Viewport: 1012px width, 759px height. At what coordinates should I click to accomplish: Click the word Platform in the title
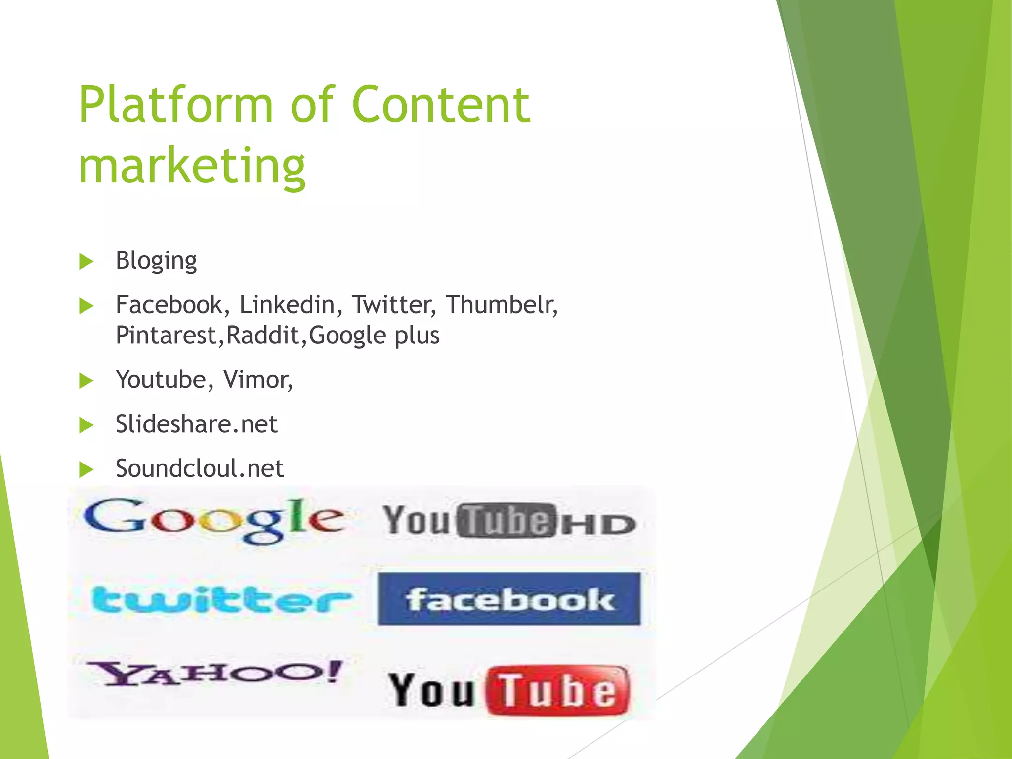pyautogui.click(x=175, y=105)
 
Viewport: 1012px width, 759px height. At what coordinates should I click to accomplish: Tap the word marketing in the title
pyautogui.click(x=192, y=166)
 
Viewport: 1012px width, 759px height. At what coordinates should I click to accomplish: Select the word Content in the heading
pyautogui.click(x=441, y=105)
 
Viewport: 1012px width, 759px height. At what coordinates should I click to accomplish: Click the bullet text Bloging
pyautogui.click(x=156, y=261)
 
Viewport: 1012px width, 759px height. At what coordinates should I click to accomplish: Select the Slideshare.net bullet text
pyautogui.click(x=197, y=424)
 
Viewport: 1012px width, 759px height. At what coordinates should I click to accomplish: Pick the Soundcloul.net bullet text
pyautogui.click(x=200, y=468)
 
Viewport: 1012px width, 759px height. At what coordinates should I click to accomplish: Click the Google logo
pyautogui.click(x=214, y=520)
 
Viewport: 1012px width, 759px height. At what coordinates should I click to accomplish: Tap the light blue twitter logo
pyautogui.click(x=221, y=599)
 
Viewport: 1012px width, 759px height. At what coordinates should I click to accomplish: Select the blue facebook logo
pyautogui.click(x=509, y=599)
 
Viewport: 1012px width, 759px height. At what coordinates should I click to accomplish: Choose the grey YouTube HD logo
pyautogui.click(x=509, y=521)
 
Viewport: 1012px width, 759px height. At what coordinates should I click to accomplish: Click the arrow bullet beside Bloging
pyautogui.click(x=86, y=262)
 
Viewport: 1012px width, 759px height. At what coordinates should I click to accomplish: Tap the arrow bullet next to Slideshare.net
pyautogui.click(x=86, y=425)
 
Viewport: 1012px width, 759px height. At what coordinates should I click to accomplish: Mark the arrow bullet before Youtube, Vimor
pyautogui.click(x=86, y=380)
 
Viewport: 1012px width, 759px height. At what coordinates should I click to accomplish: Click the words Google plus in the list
pyautogui.click(x=374, y=336)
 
